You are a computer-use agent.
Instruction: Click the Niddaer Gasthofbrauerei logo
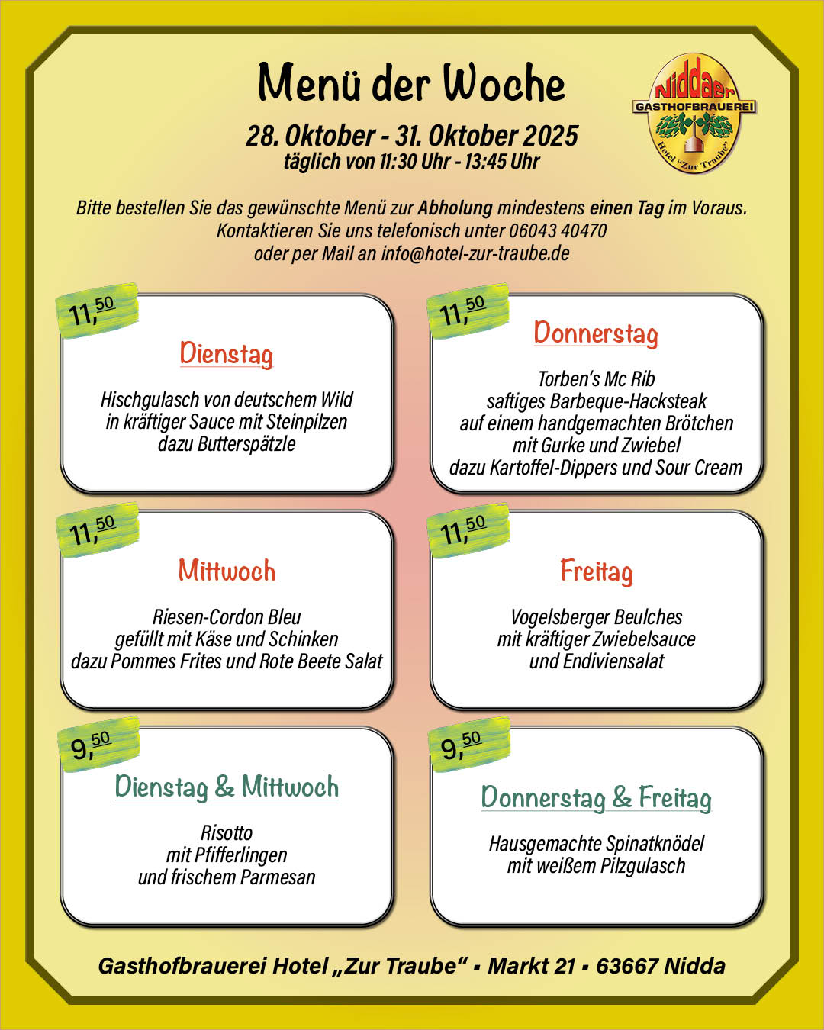[694, 113]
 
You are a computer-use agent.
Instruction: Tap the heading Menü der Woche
[411, 82]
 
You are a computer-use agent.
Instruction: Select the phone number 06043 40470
[558, 230]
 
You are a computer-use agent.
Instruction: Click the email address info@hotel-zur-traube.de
[475, 253]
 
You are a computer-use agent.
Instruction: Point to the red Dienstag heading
[226, 354]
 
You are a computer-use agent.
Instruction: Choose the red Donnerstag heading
[596, 333]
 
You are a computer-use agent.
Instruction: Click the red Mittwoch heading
[227, 571]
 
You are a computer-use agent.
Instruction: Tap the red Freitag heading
[597, 571]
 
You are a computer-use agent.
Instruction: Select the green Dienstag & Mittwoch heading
[227, 787]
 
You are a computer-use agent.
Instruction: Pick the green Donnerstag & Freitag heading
[596, 798]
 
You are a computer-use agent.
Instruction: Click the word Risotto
[227, 832]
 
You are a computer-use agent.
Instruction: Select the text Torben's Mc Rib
[596, 378]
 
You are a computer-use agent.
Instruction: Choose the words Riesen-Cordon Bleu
[227, 616]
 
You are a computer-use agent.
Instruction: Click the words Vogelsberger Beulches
[596, 616]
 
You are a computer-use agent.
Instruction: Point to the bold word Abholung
[455, 208]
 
